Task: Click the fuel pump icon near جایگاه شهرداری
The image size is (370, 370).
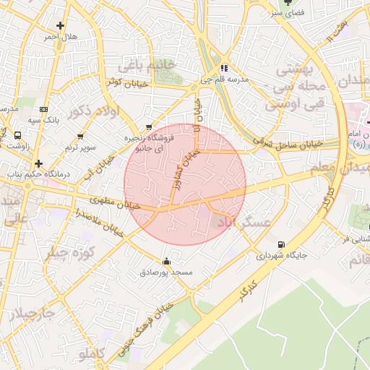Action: click(280, 244)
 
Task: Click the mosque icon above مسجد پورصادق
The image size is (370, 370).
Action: click(167, 262)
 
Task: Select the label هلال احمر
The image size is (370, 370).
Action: click(60, 36)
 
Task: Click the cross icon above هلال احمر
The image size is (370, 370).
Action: click(61, 25)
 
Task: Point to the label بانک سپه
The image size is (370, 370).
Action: click(43, 119)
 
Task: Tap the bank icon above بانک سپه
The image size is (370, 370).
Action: click(44, 108)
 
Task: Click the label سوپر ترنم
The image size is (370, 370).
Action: click(80, 147)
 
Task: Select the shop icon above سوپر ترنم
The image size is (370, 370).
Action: click(80, 136)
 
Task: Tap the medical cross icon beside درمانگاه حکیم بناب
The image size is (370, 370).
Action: click(39, 164)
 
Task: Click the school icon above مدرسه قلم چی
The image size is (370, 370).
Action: click(224, 69)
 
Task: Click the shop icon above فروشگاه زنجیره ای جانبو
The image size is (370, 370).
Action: click(149, 126)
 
